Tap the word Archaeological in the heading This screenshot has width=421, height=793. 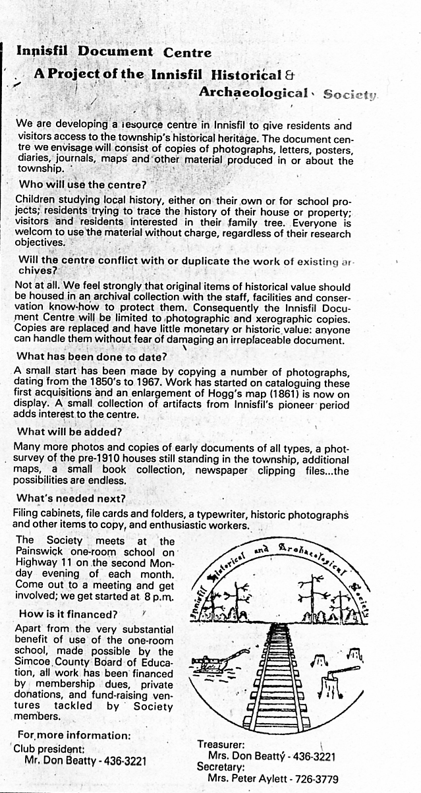[253, 93]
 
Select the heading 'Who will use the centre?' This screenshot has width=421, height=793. [82, 185]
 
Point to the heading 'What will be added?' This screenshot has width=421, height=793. [70, 432]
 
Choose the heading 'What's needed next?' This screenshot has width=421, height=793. [71, 498]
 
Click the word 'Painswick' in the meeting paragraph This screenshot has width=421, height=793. [39, 552]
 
